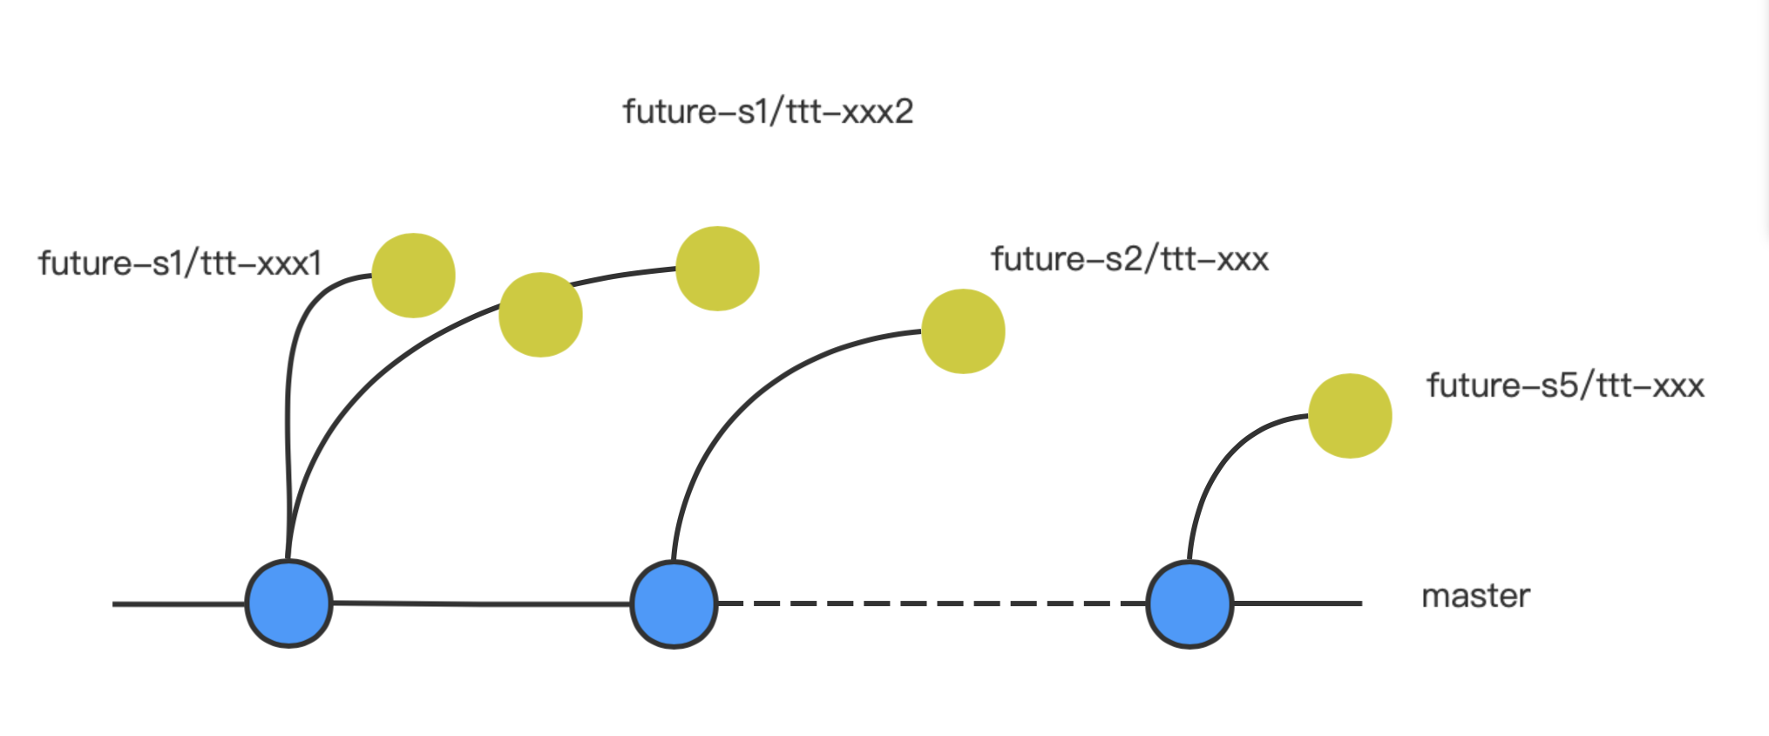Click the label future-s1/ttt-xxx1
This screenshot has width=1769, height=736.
tap(180, 263)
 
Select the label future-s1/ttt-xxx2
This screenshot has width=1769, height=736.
tap(767, 112)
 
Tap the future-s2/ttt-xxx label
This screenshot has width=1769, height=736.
tap(1129, 259)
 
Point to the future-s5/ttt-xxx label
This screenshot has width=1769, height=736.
tap(1564, 385)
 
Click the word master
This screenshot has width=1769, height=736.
tap(1475, 596)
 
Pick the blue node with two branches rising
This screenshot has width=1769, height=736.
tap(288, 603)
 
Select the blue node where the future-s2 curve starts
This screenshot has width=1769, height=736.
tap(674, 604)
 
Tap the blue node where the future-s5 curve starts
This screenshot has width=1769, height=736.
tap(1189, 604)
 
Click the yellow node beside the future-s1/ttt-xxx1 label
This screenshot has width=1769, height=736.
tap(413, 276)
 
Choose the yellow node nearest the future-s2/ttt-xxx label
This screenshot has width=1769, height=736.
tap(963, 331)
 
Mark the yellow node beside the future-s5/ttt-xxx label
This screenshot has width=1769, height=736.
tap(1350, 416)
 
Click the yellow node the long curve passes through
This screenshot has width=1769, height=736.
tap(540, 315)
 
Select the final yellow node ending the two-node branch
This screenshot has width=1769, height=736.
tap(717, 269)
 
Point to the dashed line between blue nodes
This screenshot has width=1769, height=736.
tap(931, 603)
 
